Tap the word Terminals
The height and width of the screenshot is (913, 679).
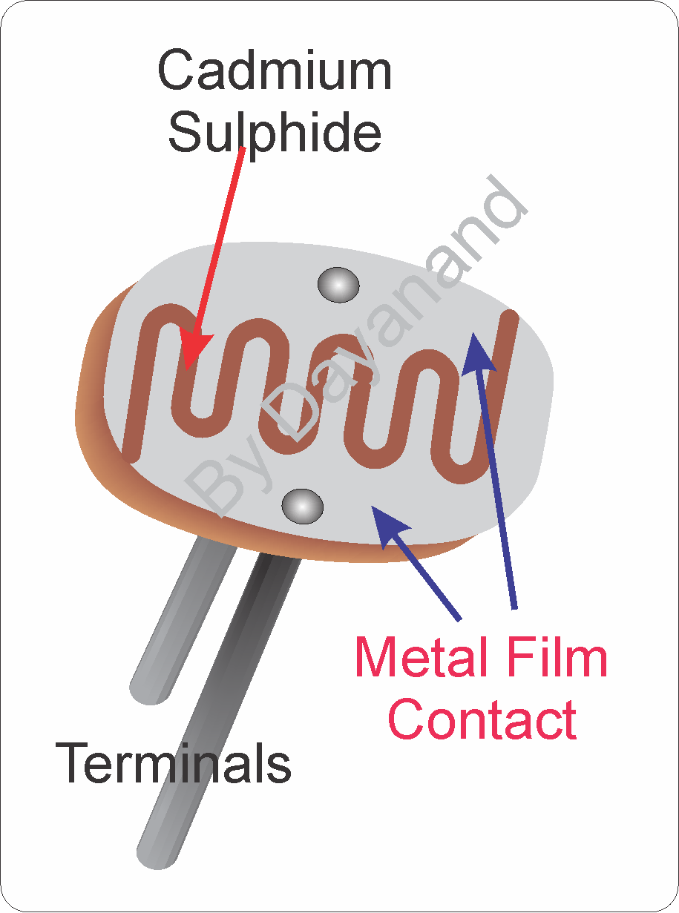click(174, 763)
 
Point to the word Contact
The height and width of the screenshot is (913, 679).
click(482, 719)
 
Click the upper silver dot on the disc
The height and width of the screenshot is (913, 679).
click(338, 284)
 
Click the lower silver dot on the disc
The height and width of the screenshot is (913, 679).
click(303, 507)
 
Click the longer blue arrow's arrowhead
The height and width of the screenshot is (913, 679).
click(478, 352)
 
